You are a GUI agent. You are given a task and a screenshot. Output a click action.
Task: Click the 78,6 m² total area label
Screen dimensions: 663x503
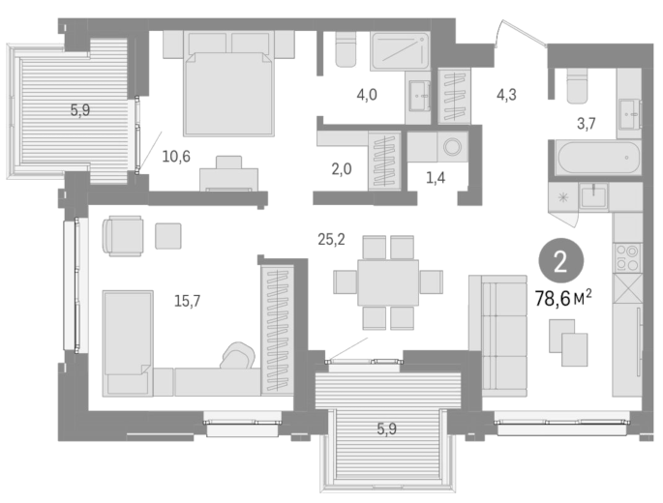point(563,299)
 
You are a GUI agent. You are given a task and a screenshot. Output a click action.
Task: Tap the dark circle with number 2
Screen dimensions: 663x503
point(560,262)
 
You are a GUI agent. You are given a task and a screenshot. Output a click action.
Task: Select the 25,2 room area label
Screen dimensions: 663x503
point(331,240)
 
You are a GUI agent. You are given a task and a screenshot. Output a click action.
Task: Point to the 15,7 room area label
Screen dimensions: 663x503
point(188,301)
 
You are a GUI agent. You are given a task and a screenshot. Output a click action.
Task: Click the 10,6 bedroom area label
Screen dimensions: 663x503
point(176,157)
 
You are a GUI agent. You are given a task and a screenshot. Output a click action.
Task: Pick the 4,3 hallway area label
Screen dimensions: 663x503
point(506,95)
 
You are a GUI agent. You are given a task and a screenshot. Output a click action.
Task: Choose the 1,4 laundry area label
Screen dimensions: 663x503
point(436,178)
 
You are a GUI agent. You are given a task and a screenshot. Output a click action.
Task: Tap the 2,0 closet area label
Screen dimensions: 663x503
point(342,169)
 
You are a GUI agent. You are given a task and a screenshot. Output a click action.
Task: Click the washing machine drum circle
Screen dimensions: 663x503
point(452,147)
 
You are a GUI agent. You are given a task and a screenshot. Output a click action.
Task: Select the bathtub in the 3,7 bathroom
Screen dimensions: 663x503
point(599,158)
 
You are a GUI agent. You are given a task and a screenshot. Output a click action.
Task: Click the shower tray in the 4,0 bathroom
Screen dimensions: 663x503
point(400,51)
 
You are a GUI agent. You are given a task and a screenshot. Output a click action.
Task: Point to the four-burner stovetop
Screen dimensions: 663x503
point(627,257)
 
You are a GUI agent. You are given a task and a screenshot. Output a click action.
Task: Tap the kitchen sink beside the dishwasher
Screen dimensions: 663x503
point(593,196)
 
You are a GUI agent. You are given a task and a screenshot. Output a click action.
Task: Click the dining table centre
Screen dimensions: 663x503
point(388,282)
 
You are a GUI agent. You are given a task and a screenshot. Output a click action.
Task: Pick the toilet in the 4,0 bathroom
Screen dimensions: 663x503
point(346,50)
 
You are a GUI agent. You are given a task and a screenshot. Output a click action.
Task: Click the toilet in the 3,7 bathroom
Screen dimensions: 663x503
point(577,86)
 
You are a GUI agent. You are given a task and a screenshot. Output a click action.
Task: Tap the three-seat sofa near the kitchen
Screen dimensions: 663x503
point(498,336)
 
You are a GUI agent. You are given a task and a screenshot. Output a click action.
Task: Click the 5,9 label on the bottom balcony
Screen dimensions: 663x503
point(386,429)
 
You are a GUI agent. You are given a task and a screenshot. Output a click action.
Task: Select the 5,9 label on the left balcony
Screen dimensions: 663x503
point(80,110)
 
